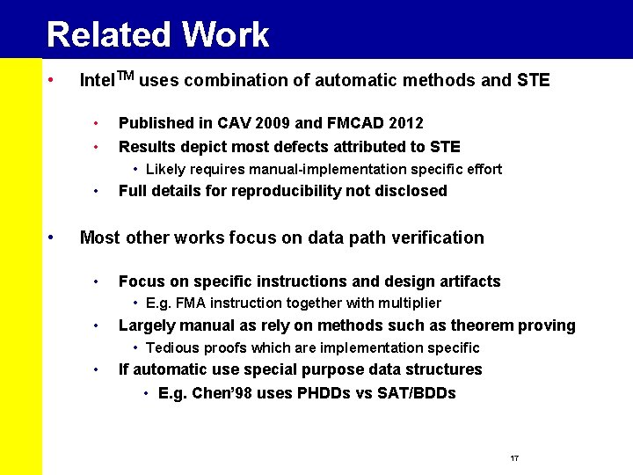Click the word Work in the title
tap(225, 35)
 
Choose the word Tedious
tap(171, 347)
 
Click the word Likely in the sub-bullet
tap(166, 169)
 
